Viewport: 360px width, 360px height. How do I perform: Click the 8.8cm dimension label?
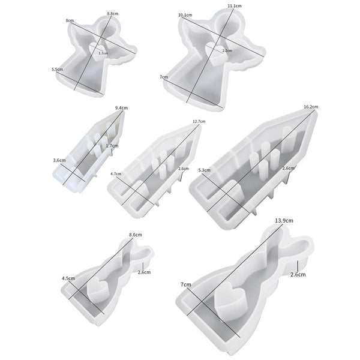pyautogui.click(x=113, y=14)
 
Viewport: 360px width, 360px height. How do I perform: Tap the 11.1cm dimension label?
pyautogui.click(x=235, y=6)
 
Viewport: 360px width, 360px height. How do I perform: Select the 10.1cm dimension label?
pyautogui.click(x=185, y=15)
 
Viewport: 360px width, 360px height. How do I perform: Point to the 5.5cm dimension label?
pyautogui.click(x=57, y=69)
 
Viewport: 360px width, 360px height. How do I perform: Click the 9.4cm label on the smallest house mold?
pyautogui.click(x=121, y=107)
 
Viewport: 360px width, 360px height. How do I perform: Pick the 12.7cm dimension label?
pyautogui.click(x=199, y=121)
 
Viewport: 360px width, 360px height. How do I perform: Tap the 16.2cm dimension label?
pyautogui.click(x=311, y=107)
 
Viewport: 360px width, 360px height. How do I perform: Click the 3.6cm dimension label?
pyautogui.click(x=59, y=160)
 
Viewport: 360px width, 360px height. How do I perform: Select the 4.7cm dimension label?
pyautogui.click(x=116, y=174)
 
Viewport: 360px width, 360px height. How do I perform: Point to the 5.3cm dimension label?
pyautogui.click(x=205, y=170)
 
